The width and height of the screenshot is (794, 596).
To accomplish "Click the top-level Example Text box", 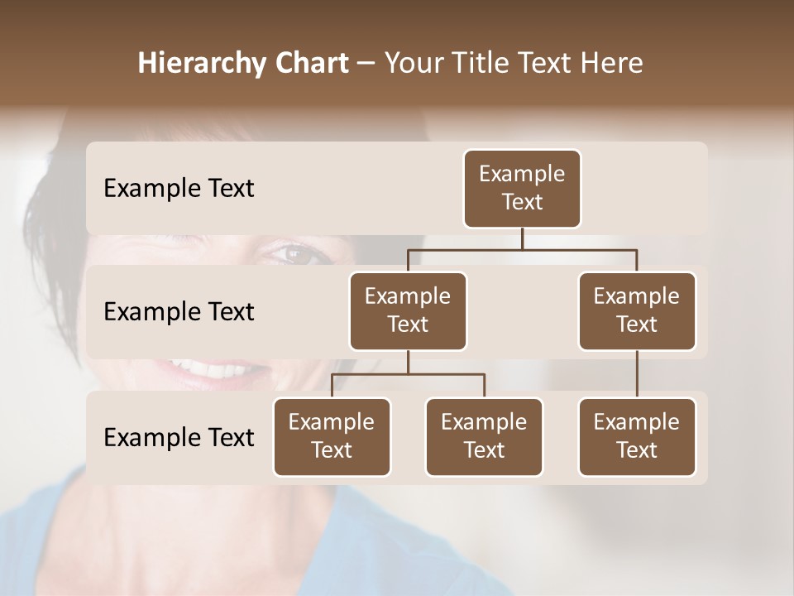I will pos(522,188).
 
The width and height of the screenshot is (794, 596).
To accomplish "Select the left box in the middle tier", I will pos(408,310).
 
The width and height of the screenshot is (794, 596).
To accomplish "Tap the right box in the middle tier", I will pos(637,310).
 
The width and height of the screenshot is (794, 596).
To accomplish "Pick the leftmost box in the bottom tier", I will pos(332,436).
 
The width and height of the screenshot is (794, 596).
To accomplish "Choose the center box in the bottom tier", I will pos(484,436).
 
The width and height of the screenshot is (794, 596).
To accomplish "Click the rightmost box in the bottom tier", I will pos(637,436).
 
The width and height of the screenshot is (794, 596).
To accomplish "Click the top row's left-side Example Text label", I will pos(179,189).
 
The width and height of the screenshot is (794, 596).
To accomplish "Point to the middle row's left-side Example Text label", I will pos(179,312).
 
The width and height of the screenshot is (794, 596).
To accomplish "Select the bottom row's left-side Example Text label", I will pos(179,438).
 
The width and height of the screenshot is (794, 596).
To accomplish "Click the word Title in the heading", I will pos(482,63).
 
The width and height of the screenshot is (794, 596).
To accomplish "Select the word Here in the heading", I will pos(611,63).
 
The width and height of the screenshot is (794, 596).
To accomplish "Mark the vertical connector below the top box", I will pos(522,238).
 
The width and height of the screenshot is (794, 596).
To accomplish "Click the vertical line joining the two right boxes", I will pos(637,374).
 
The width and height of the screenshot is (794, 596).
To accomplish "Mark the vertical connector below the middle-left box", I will pos(408,362).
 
